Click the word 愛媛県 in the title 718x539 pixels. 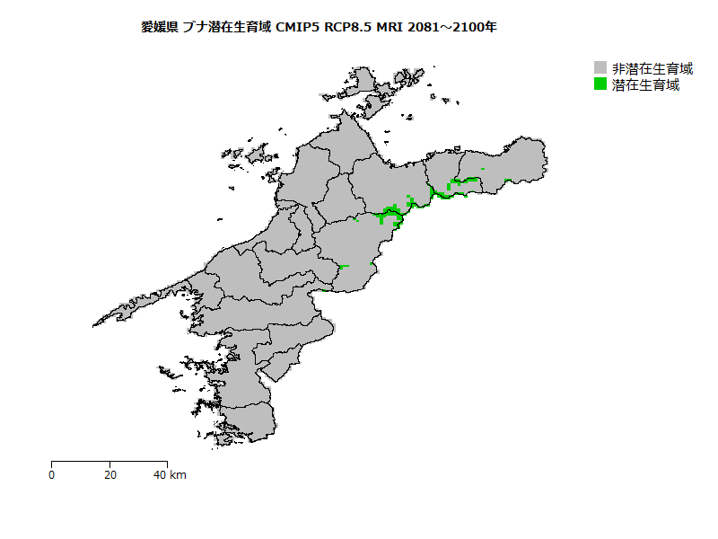coord(159,27)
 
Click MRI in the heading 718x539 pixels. coord(390,27)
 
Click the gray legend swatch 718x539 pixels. coord(601,68)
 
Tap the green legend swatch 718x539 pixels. coord(601,84)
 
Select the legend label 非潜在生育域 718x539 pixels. coord(652,68)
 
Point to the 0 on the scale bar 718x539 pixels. coord(52,474)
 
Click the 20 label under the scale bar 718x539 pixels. coord(109,474)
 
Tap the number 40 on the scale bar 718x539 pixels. coord(160,474)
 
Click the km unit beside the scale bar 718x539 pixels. coord(178,474)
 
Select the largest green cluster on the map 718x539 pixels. coord(391,215)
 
